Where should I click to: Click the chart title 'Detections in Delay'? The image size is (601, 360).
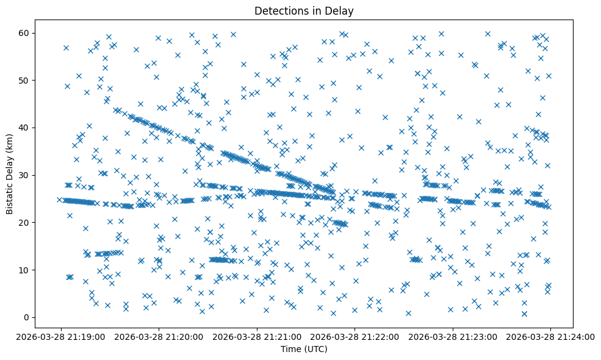[x=304, y=11]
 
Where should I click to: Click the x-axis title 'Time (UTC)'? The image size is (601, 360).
[x=304, y=349]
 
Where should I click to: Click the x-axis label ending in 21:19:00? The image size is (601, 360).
[x=60, y=336]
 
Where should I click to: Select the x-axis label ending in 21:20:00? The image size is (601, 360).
[x=159, y=336]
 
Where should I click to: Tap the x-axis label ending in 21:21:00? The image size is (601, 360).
[x=256, y=336]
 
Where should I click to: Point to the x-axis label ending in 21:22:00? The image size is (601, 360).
[x=354, y=336]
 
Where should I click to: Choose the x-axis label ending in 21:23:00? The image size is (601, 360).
[x=452, y=336]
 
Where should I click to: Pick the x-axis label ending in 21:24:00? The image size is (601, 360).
[x=550, y=336]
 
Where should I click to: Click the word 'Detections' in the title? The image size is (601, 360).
[x=278, y=11]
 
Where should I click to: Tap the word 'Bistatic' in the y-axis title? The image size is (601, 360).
[x=10, y=196]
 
